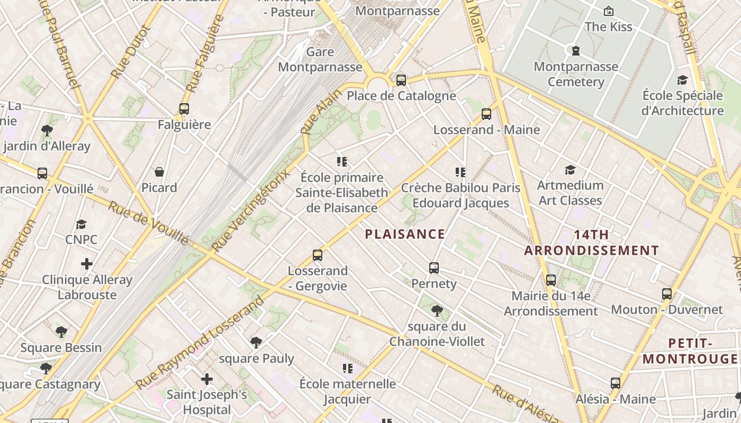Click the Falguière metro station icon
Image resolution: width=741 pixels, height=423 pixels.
coord(184,109)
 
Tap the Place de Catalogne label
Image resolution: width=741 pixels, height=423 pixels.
coord(401,96)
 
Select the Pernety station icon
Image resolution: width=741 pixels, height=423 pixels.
coord(434,268)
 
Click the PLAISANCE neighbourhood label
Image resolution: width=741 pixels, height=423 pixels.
coord(405,234)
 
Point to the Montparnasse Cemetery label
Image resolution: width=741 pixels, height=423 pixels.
coord(576,74)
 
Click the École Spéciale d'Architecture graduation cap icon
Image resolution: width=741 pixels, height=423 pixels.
coord(682,80)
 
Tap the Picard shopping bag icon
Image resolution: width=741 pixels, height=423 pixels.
coord(159,172)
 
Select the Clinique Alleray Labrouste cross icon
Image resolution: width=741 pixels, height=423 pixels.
coord(87,264)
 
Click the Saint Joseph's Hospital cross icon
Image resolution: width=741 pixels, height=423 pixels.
coord(207,379)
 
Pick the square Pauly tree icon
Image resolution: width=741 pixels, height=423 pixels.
coord(256,343)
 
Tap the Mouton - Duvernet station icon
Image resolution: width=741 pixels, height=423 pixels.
coord(667,294)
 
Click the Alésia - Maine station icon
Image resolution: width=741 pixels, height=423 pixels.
coord(615,383)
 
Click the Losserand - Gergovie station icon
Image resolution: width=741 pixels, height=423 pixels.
coord(318,255)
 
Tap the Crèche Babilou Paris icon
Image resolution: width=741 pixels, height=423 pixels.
coord(460,172)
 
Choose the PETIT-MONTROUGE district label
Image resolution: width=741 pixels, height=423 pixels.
coord(690,351)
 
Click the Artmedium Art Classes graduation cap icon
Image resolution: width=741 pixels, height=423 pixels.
coord(570,170)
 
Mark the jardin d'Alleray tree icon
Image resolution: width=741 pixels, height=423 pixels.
coord(47,130)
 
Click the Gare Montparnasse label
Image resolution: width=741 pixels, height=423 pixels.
coord(320,59)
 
